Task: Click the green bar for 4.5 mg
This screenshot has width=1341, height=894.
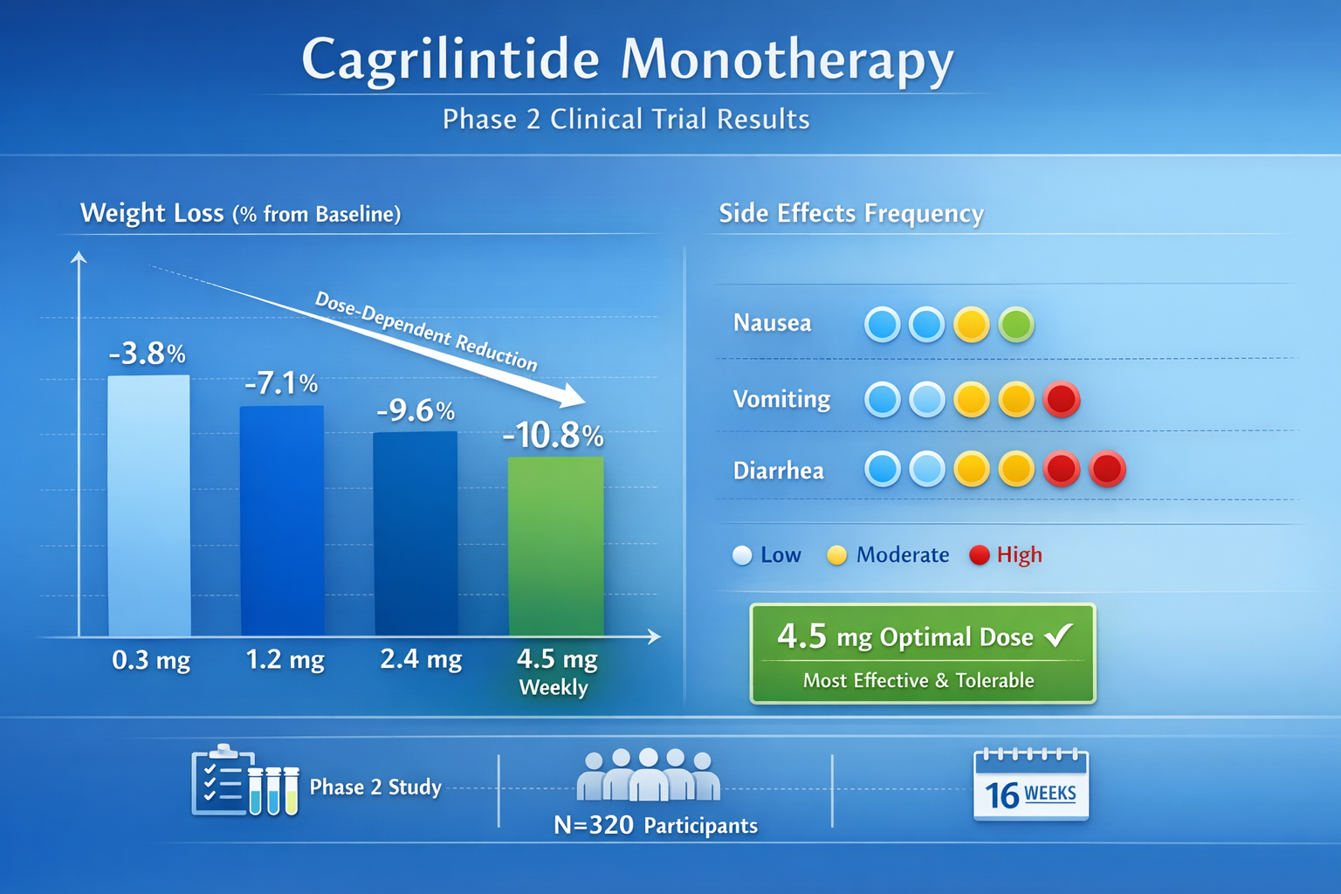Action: [556, 546]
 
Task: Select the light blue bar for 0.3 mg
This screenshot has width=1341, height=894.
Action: [149, 505]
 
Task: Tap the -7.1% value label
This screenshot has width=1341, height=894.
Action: [281, 382]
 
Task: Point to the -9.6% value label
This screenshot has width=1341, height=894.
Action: [416, 410]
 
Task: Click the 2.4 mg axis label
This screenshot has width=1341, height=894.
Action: [421, 658]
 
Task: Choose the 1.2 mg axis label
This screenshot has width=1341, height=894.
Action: [285, 658]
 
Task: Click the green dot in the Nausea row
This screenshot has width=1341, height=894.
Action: [1016, 325]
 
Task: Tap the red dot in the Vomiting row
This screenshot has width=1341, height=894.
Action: [1062, 400]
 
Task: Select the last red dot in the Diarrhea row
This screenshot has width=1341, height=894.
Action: [1107, 470]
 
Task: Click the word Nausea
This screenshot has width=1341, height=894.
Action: [772, 323]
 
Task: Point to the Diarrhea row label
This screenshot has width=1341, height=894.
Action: [778, 471]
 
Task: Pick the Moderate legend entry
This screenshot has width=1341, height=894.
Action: [889, 554]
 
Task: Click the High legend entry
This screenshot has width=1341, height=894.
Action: [1007, 554]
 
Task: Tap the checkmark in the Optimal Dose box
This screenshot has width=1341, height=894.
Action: [1059, 635]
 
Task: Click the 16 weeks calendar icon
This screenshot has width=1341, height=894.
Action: [1031, 785]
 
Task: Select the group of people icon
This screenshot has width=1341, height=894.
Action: [648, 775]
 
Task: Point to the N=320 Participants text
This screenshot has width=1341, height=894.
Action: [656, 825]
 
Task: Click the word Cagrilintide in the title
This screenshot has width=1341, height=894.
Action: [450, 59]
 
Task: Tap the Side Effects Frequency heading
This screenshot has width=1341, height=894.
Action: [851, 213]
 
